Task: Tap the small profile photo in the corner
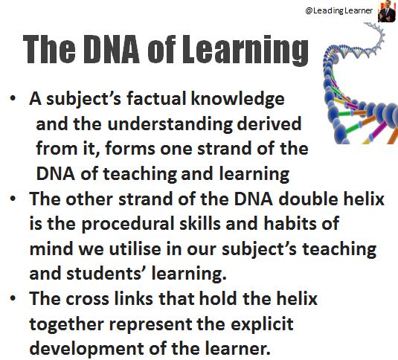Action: tap(387, 11)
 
